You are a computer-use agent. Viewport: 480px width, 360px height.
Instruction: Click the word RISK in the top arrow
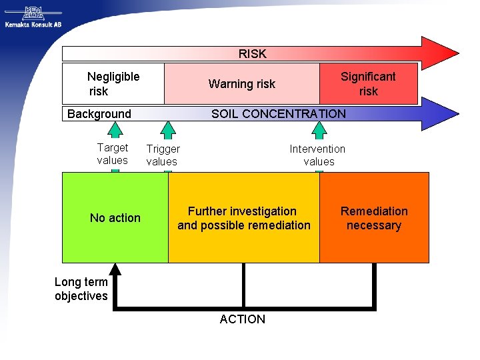[x=252, y=54]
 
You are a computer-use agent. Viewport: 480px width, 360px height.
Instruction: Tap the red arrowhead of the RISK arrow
[x=440, y=53]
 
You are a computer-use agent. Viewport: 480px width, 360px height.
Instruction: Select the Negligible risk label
[x=113, y=84]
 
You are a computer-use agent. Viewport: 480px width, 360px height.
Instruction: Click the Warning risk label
[x=241, y=84]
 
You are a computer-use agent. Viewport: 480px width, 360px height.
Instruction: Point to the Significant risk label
[x=368, y=84]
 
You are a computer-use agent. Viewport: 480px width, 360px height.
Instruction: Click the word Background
[x=99, y=114]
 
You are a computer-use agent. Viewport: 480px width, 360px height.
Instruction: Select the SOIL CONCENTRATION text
[x=278, y=114]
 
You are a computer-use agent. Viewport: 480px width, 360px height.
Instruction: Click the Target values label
[x=112, y=154]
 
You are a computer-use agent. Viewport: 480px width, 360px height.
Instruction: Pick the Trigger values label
[x=163, y=155]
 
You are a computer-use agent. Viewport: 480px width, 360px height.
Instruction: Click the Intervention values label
[x=317, y=155]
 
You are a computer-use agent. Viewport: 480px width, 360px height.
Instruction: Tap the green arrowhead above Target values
[x=115, y=131]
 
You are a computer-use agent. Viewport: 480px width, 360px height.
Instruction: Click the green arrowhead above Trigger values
[x=168, y=129]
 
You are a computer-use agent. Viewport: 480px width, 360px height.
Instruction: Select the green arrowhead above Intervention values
[x=319, y=129]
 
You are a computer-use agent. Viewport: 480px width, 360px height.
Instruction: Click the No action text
[x=115, y=218]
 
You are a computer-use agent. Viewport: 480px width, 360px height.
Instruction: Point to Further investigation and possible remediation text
[x=243, y=218]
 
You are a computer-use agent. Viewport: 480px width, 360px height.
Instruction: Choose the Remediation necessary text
[x=374, y=218]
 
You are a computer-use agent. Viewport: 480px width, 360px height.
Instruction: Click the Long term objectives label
[x=81, y=289]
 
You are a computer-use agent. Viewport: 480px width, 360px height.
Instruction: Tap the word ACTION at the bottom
[x=242, y=319]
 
